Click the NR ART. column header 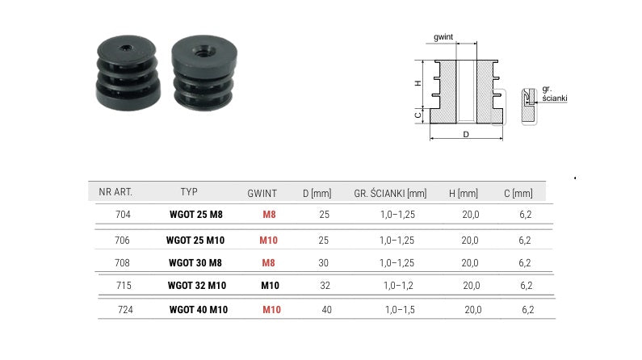[115, 192]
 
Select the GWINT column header [262, 194]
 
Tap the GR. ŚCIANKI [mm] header [390, 194]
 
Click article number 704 [123, 215]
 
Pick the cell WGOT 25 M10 [195, 241]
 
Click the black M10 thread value [271, 286]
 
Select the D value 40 [327, 310]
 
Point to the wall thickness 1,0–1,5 [400, 310]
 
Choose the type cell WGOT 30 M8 [195, 262]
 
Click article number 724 [125, 310]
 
